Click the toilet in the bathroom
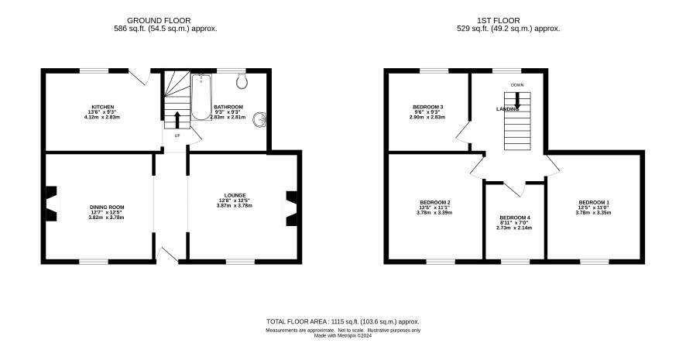tap(242, 81)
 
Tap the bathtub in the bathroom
tap(201, 97)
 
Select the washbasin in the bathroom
tap(260, 119)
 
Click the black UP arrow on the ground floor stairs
tap(177, 120)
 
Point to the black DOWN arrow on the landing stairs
tap(517, 101)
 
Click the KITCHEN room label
tap(103, 107)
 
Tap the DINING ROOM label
tap(107, 207)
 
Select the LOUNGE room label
tap(235, 196)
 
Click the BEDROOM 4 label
tap(515, 218)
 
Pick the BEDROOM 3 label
tap(428, 107)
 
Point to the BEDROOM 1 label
tap(594, 203)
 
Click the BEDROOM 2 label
tap(434, 203)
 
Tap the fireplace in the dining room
tap(52, 204)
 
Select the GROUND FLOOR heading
tap(159, 21)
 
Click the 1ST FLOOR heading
tap(499, 21)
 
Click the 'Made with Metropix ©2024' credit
tap(343, 336)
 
